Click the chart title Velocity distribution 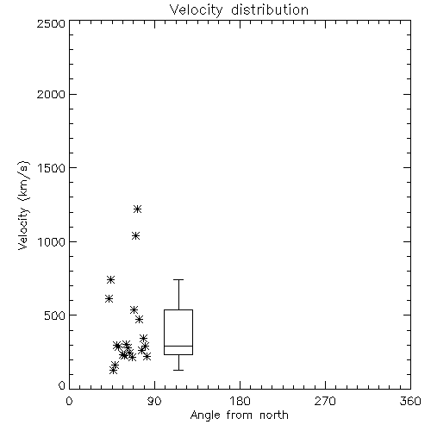(239, 9)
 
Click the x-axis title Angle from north (239, 415)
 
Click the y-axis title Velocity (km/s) (23, 205)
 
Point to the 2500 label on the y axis (51, 23)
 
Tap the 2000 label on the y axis (51, 94)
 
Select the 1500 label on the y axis (52, 168)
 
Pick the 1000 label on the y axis (52, 241)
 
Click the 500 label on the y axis (55, 315)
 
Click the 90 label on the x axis (154, 401)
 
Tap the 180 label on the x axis (240, 401)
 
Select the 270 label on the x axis (325, 401)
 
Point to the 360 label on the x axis (410, 401)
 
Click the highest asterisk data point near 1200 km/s (138, 209)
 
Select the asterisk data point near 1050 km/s (135, 236)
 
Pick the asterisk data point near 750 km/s (110, 279)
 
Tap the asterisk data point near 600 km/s (109, 299)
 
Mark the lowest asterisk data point (114, 370)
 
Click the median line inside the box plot (178, 346)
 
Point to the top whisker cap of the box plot (178, 279)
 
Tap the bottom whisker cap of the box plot (178, 370)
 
